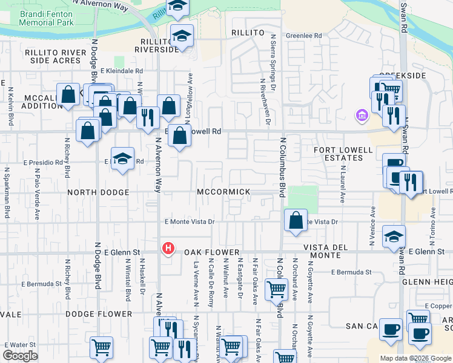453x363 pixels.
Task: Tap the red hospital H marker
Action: (168, 248)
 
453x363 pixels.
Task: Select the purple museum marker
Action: (362, 114)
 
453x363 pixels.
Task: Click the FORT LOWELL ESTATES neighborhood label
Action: (338, 154)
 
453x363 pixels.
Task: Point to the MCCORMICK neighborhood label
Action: (223, 192)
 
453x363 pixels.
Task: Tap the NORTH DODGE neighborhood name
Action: (98, 192)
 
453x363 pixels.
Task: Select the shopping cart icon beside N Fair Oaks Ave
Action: (276, 289)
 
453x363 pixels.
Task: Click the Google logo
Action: (20, 356)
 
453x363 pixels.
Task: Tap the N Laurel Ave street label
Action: (343, 184)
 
